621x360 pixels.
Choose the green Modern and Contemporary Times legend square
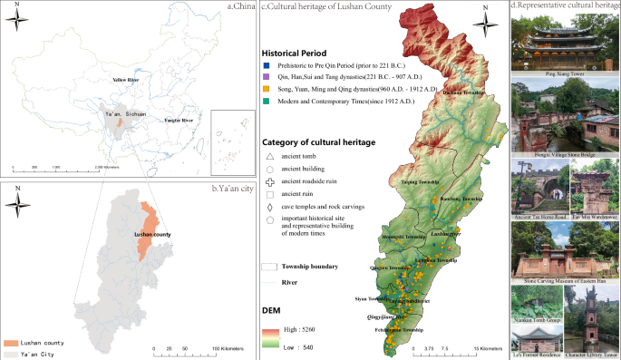pyautogui.click(x=268, y=102)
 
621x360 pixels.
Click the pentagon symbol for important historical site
pyautogui.click(x=269, y=219)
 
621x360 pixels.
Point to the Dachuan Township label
pyautogui.click(x=461, y=92)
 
